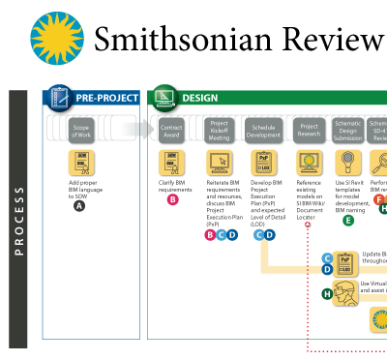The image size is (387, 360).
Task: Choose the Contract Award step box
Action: [x=172, y=130]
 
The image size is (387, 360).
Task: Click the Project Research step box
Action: [x=310, y=130]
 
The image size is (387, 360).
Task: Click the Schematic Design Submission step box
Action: [x=352, y=130]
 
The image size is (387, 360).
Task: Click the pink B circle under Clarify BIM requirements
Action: [x=172, y=200]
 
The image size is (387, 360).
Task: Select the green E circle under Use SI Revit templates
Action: [x=348, y=221]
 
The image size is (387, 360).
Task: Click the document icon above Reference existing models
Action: [x=310, y=162]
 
